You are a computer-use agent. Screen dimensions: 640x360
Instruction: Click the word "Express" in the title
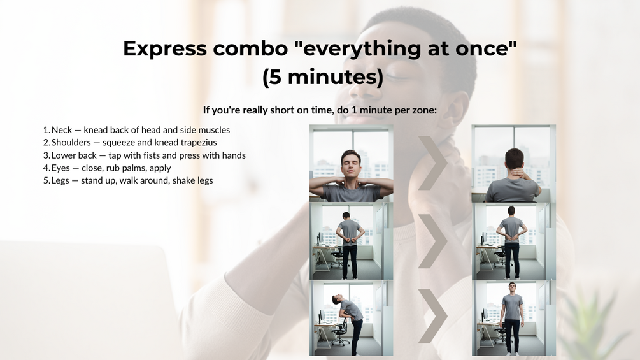coord(165,48)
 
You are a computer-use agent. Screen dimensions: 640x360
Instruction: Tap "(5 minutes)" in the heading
coord(323,76)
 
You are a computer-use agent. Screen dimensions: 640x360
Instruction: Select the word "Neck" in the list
coord(62,130)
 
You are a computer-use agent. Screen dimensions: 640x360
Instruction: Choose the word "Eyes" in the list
coord(60,168)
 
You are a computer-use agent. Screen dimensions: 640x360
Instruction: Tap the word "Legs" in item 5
coord(60,180)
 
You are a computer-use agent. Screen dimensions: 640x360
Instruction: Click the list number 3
coord(46,155)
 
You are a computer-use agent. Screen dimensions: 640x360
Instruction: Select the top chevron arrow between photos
coord(432,163)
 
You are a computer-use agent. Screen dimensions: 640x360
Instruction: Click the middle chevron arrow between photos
coord(432,241)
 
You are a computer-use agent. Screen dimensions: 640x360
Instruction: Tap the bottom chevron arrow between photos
coord(432,316)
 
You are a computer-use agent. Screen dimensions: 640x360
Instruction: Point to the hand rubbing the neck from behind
coord(518,173)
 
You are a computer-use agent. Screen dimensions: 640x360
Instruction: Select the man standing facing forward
coord(512,317)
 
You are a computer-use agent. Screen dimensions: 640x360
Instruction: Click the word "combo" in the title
coord(250,48)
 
